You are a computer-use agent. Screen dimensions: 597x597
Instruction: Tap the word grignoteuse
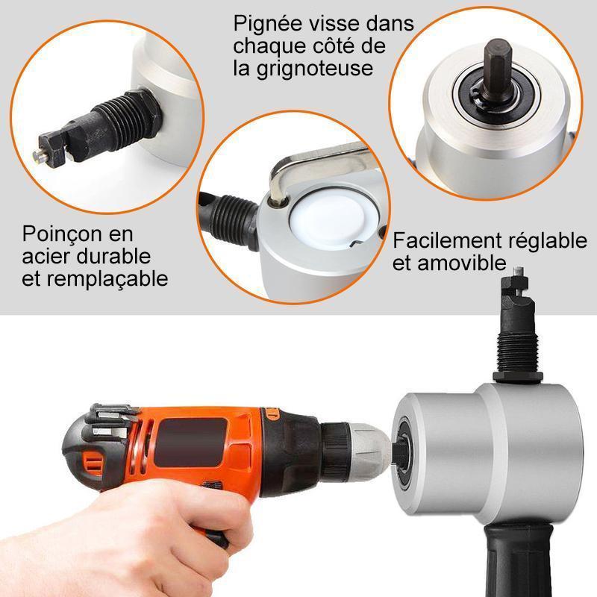[x=314, y=69]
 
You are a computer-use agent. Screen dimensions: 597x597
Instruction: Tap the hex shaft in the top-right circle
[x=496, y=69]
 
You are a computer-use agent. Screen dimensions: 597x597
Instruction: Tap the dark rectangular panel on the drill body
[x=190, y=443]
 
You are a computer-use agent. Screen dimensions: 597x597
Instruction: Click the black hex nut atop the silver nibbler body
[x=517, y=376]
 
